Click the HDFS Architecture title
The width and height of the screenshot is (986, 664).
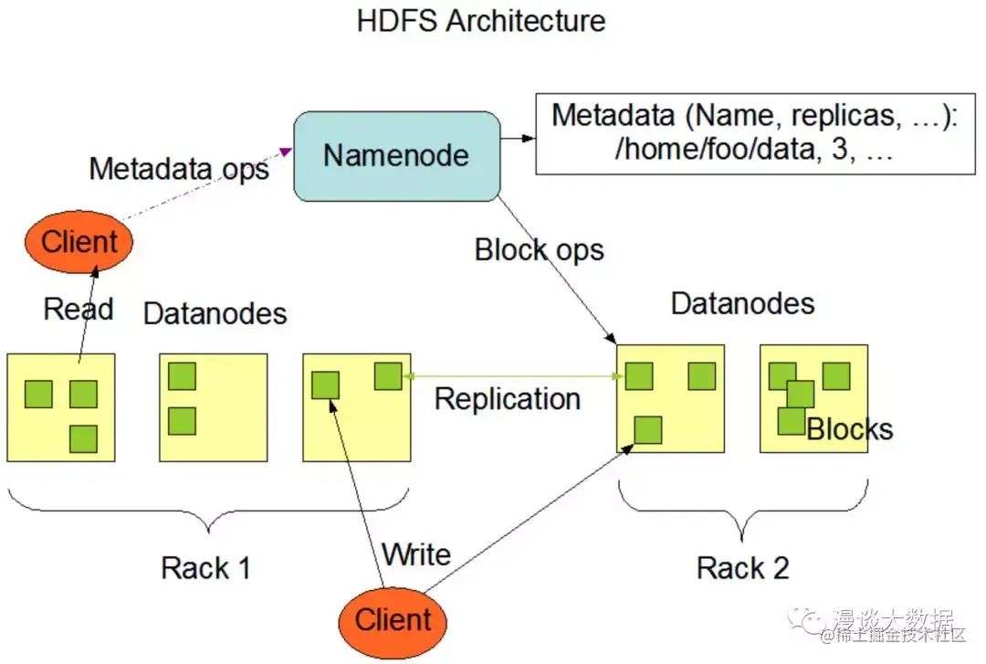click(x=480, y=21)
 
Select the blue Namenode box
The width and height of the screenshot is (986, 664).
click(x=395, y=155)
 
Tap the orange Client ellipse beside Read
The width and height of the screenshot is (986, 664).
click(x=79, y=243)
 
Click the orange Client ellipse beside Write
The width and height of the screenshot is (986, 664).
click(x=393, y=620)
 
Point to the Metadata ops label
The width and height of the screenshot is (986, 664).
click(x=179, y=169)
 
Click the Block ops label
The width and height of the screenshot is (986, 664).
click(x=540, y=249)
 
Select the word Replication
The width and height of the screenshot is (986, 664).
click(x=508, y=399)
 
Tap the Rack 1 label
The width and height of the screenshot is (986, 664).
click(x=205, y=568)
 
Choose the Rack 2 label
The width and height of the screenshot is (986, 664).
click(x=742, y=568)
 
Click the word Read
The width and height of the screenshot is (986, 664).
click(x=79, y=309)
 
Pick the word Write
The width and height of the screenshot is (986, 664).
click(x=416, y=554)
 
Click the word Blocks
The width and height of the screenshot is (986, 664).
click(x=850, y=428)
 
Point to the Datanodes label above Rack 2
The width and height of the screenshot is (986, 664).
click(x=742, y=303)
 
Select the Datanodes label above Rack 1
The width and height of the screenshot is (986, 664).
click(x=215, y=314)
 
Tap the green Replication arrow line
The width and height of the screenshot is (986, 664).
click(x=511, y=375)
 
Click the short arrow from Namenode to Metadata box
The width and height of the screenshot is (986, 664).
click(x=516, y=139)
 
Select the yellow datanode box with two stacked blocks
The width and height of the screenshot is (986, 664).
click(x=214, y=407)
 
